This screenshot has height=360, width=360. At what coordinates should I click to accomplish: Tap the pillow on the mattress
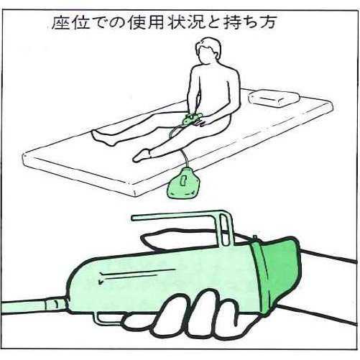[x=274, y=98]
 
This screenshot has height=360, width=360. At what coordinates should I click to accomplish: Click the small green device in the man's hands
[x=191, y=119]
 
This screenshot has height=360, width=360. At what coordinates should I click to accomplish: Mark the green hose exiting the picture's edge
[x=24, y=307]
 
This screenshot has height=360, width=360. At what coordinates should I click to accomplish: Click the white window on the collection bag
[x=183, y=181]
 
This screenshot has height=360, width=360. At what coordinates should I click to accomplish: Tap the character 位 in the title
[x=81, y=23]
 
